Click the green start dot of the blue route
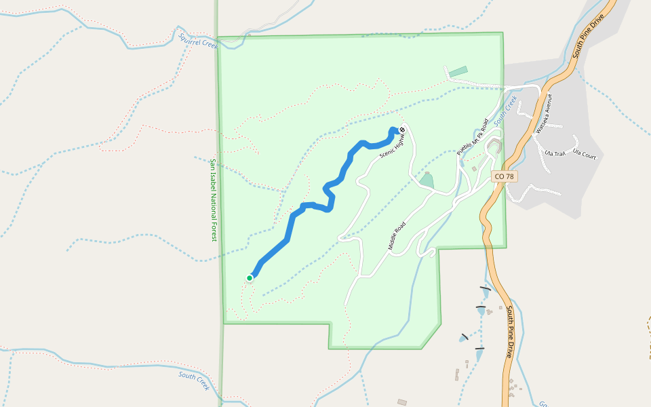[x=250, y=277]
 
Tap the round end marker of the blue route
[x=402, y=130]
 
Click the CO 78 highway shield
[x=504, y=176]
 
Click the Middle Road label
[x=397, y=236]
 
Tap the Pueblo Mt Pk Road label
[x=473, y=138]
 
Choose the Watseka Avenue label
[x=543, y=113]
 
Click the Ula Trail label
[x=555, y=153]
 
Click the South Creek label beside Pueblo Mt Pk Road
[x=506, y=111]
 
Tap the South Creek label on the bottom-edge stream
[x=194, y=381]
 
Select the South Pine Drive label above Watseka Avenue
[x=588, y=38]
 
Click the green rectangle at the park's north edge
[x=458, y=71]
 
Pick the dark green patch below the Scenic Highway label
[x=426, y=180]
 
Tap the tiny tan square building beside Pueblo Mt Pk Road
[x=474, y=169]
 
